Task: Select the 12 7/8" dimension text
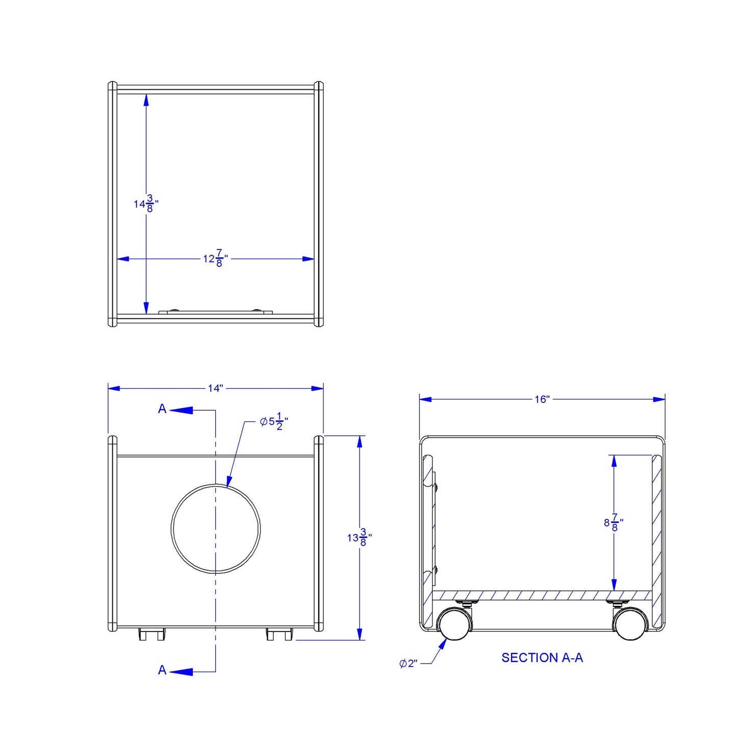215,258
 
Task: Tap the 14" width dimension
215,388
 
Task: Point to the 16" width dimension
542,399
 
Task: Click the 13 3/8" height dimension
359,538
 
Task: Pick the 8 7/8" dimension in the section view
614,522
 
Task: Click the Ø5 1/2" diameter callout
274,421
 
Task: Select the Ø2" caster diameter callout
408,664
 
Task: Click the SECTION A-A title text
542,657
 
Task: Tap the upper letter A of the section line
162,409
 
